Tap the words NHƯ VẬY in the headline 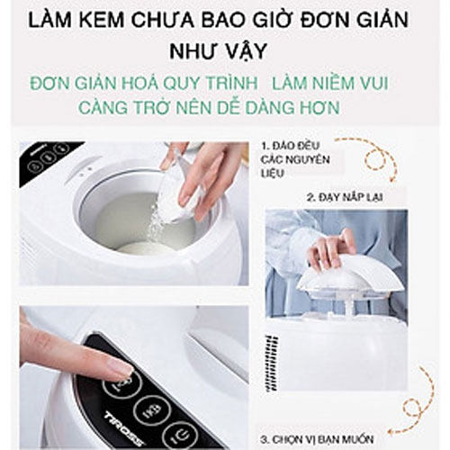(x=224, y=50)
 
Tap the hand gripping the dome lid (x=328, y=247)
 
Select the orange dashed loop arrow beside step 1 (x=378, y=157)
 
